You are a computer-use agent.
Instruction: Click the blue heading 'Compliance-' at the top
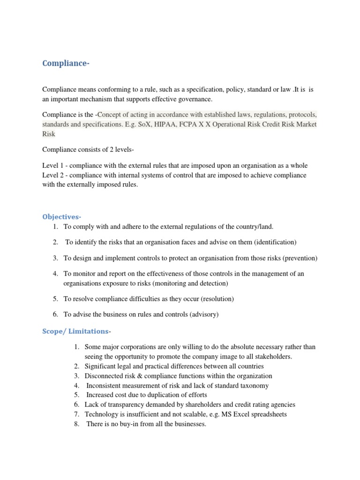tap(66, 64)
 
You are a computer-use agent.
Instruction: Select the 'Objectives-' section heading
tap(62, 217)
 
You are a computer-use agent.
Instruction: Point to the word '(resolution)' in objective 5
tap(216, 299)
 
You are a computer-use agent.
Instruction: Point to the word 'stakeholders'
tap(272, 357)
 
